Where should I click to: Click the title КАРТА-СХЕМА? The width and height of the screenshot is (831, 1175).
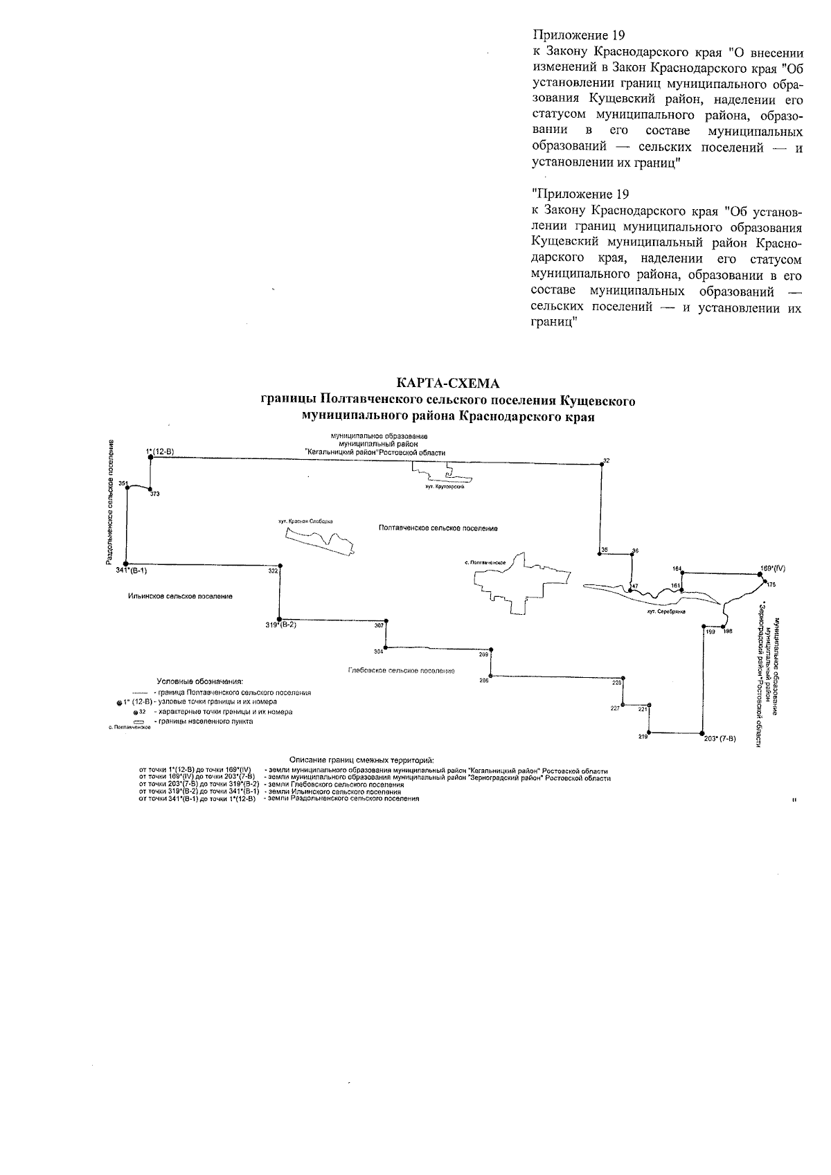447,383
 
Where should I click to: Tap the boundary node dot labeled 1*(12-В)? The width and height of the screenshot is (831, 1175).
150,457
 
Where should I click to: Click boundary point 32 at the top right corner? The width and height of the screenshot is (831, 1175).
602,465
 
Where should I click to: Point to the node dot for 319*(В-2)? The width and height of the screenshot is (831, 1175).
279,619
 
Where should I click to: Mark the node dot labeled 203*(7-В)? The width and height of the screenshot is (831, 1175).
704,733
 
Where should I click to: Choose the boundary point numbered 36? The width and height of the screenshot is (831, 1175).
632,553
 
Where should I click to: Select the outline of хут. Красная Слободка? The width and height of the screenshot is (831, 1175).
320,541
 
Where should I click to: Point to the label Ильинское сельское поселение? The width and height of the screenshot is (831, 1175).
180,596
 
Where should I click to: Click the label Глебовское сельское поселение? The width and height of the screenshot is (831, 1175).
401,671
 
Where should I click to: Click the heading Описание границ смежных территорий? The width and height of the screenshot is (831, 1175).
361,762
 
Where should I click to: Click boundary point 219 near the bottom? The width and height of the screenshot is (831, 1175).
649,733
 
